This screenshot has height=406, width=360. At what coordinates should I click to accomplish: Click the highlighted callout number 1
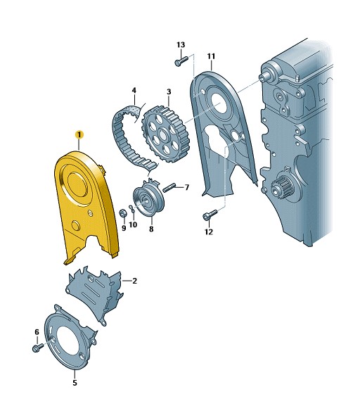(x=79, y=134)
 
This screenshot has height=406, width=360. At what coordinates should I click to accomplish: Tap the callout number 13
(x=181, y=45)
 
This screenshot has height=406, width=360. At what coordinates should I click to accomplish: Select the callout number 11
(x=211, y=56)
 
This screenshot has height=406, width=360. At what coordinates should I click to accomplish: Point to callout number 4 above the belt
(x=134, y=90)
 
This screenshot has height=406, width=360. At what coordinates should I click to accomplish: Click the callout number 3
(x=169, y=91)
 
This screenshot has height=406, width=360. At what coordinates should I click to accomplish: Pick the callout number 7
(x=187, y=187)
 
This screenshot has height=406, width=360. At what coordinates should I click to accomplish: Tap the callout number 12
(x=209, y=231)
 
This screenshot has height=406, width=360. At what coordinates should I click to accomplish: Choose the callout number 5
(x=75, y=383)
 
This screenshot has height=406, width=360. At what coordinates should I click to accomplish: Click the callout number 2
(x=134, y=281)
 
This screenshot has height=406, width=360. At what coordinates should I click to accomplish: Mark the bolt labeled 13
(x=181, y=61)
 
